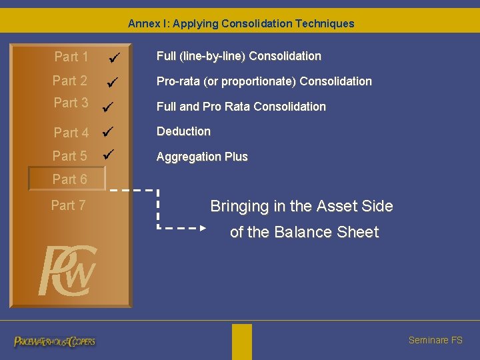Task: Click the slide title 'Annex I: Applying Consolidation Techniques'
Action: point(241,24)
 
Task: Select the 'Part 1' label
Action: point(71,57)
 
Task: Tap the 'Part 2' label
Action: point(70,81)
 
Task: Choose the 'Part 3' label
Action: point(71,103)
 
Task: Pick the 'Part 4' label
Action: point(71,133)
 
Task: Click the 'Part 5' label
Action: point(70,156)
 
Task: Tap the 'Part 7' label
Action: point(69,205)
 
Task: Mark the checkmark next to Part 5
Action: point(110,156)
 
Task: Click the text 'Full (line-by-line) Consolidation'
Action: point(239,56)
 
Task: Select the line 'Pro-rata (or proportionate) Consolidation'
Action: point(264,81)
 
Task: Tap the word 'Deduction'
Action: point(183,131)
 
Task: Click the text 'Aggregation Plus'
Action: point(202,157)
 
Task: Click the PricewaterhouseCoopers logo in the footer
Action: point(55,341)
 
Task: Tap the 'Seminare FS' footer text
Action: point(435,340)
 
